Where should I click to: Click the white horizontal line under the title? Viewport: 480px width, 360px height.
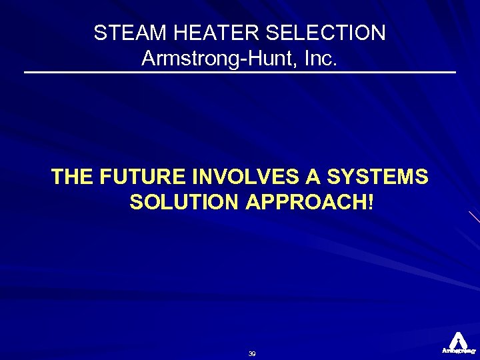(240, 71)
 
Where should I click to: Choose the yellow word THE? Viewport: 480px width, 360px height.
(72, 177)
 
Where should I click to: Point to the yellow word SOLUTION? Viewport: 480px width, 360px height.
(185, 202)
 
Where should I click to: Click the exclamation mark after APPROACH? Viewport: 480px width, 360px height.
(370, 202)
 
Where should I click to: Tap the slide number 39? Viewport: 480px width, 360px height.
(252, 353)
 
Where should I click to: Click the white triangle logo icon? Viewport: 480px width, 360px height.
(458, 339)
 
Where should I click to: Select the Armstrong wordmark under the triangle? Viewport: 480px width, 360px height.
(458, 350)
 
